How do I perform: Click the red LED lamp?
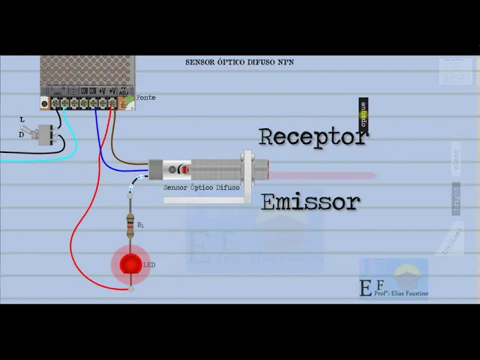130,264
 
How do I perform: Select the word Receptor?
313,136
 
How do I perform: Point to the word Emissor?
310,202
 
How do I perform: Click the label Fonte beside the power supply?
145,97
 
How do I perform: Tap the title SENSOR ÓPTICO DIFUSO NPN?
239,62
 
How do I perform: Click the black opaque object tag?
363,113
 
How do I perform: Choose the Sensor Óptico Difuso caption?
201,188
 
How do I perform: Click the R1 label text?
140,224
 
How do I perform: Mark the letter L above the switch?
22,119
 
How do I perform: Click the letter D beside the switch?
21,135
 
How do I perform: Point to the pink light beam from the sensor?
322,175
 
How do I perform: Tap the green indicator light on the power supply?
129,99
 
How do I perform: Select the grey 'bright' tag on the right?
455,198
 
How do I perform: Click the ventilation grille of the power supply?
88,73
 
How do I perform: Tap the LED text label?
149,265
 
